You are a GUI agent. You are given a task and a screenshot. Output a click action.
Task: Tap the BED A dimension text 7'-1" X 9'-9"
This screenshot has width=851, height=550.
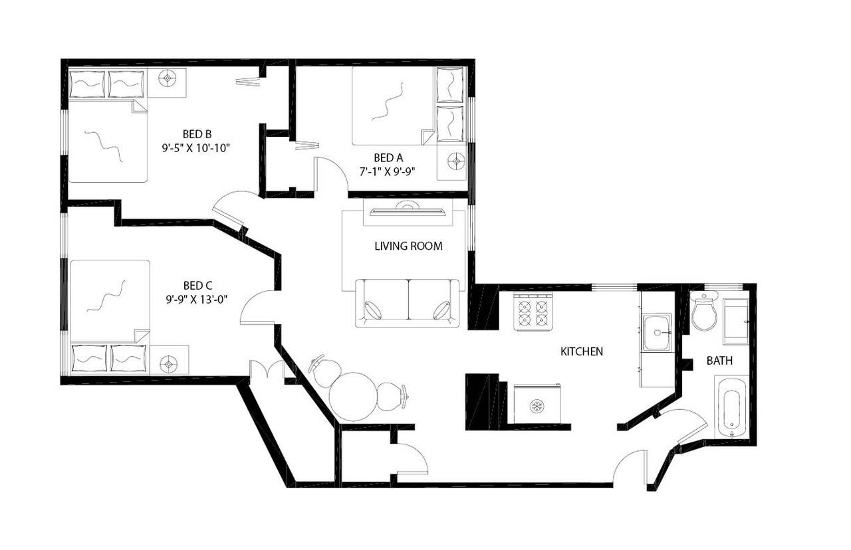click(388, 171)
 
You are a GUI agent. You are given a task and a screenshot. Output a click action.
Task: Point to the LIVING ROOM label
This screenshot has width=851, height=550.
click(408, 246)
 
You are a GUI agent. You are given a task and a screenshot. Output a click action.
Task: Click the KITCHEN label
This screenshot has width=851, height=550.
click(582, 351)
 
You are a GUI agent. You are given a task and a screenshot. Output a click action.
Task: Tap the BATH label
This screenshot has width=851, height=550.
click(719, 361)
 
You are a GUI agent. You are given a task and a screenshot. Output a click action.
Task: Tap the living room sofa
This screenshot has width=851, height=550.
click(408, 303)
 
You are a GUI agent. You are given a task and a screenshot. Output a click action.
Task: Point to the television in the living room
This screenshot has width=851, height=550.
click(408, 211)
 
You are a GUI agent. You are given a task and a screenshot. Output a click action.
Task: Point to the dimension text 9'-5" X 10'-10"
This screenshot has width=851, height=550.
click(196, 147)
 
